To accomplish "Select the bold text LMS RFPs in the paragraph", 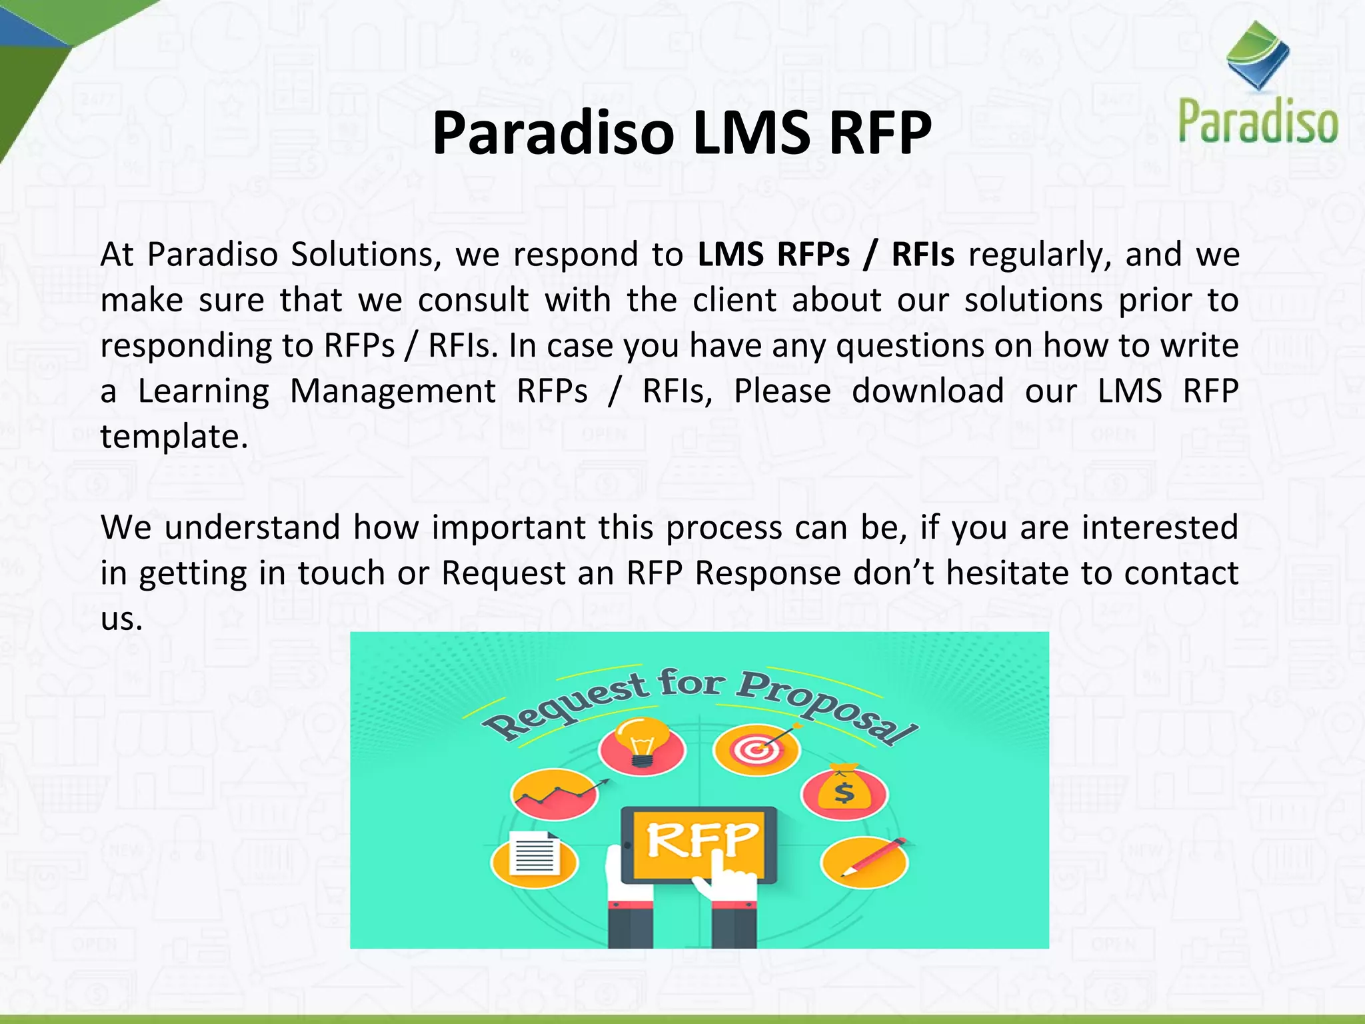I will (773, 255).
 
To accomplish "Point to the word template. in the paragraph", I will (174, 437).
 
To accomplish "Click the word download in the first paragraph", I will (928, 391).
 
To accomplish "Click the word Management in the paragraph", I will (393, 391).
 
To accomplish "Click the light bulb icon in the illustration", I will (642, 743).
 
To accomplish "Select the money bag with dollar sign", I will (844, 790).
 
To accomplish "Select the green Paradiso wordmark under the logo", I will (1258, 121).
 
